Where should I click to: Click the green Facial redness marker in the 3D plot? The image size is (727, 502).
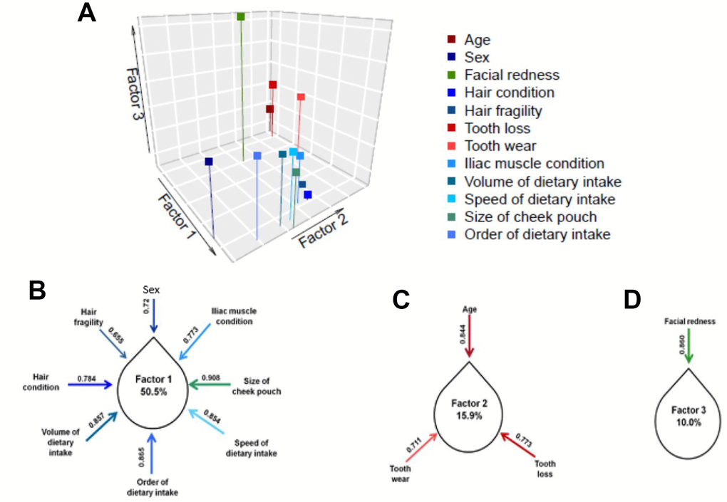[241, 16]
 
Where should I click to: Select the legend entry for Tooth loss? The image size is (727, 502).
[497, 128]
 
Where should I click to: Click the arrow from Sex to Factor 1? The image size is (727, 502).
[152, 315]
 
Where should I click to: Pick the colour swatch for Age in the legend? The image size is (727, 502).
[452, 40]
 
